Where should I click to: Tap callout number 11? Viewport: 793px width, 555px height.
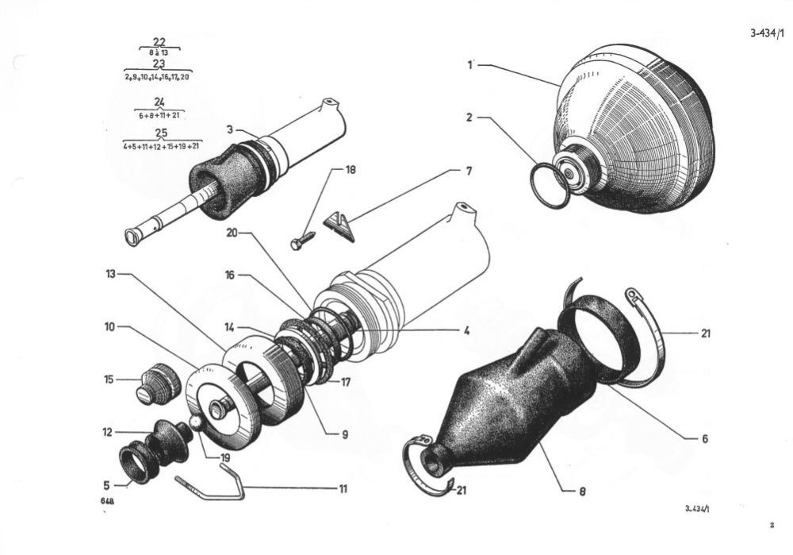tap(343, 488)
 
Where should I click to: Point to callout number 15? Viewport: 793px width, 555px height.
tap(109, 380)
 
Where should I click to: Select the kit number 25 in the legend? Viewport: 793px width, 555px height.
tap(162, 132)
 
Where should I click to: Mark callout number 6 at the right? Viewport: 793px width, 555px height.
tap(704, 438)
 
